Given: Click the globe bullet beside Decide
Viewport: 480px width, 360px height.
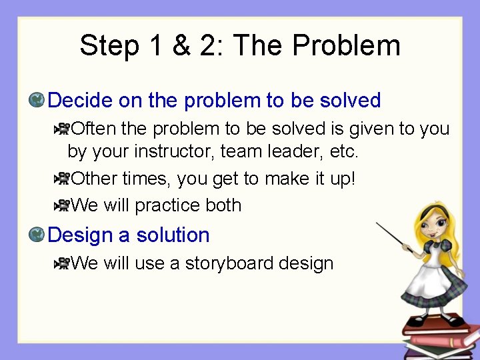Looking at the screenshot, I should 37,101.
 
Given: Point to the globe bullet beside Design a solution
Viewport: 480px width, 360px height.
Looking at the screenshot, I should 37,235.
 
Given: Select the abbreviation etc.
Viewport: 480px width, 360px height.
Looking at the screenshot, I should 344,152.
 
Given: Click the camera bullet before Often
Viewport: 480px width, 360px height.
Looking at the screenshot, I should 62,128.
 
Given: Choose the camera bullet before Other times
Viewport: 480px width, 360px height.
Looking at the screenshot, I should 62,179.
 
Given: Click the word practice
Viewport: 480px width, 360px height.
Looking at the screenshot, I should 168,206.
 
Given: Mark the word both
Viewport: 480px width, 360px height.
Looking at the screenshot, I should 224,205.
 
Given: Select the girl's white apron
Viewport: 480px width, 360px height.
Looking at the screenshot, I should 430,280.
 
